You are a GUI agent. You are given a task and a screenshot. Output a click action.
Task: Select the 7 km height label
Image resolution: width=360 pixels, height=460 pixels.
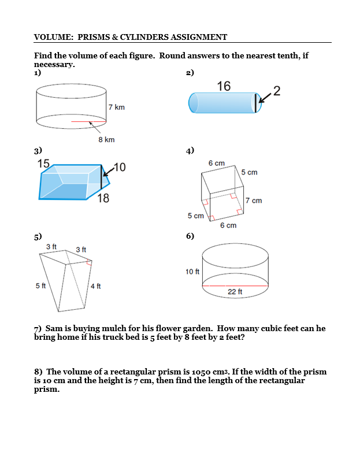tap(116, 107)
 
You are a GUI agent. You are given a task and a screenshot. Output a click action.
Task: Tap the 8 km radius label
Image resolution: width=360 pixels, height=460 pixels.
tap(106, 139)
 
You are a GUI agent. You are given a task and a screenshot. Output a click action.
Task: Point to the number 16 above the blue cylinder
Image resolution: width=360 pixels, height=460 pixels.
tap(224, 86)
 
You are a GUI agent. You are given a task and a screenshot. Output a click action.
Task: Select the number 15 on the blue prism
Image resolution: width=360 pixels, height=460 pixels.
tap(43, 164)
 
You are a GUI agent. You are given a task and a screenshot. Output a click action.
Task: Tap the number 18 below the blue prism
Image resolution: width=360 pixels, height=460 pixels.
tap(103, 199)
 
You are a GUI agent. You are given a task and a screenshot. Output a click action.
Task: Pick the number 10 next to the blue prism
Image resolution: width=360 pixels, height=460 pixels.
tap(119, 168)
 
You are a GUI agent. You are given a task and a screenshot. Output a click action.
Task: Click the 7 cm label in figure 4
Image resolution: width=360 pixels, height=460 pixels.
tap(253, 201)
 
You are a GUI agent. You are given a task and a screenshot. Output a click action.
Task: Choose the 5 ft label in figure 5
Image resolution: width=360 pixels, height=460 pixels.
tap(40, 285)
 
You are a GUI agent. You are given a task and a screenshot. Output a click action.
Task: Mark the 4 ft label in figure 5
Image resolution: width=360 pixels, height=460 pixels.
tap(95, 286)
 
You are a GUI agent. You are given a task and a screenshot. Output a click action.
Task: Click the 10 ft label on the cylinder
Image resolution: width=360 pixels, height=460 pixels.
tap(192, 272)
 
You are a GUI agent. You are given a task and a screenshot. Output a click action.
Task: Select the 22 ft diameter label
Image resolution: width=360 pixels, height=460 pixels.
tap(235, 292)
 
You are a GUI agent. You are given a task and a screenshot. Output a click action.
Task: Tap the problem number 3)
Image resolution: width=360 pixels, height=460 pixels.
tap(38, 151)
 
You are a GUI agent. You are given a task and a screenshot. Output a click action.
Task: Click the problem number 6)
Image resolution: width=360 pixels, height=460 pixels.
tap(190, 236)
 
